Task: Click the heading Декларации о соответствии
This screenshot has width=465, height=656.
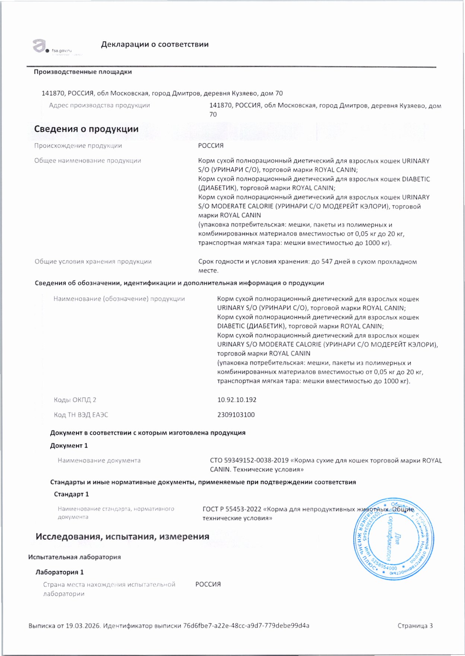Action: pyautogui.click(x=155, y=44)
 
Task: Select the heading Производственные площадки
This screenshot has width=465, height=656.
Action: pyautogui.click(x=83, y=72)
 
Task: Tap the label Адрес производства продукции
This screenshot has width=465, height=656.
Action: pyautogui.click(x=99, y=105)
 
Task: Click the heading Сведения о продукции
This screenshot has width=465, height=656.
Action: pyautogui.click(x=86, y=129)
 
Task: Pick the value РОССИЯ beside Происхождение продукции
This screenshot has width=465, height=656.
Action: pyautogui.click(x=211, y=146)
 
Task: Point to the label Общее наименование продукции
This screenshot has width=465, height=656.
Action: pyautogui.click(x=88, y=161)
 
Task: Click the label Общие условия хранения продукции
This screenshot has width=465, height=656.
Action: pyautogui.click(x=93, y=261)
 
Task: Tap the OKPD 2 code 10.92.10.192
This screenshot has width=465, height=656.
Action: pyautogui.click(x=237, y=400)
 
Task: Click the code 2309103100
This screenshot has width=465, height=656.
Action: pyautogui.click(x=236, y=415)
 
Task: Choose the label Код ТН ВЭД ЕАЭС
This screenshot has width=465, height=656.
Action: pyautogui.click(x=81, y=415)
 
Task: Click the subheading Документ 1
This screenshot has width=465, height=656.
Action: pyautogui.click(x=69, y=446)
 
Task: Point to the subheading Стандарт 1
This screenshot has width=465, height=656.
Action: pyautogui.click(x=72, y=494)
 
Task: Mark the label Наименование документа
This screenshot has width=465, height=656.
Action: pyautogui.click(x=99, y=461)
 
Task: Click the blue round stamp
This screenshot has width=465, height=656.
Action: pyautogui.click(x=393, y=538)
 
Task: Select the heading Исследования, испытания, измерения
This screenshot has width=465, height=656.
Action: pyautogui.click(x=122, y=536)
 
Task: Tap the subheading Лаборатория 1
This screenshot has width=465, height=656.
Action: pyautogui.click(x=60, y=572)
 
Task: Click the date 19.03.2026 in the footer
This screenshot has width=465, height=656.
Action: pyautogui.click(x=83, y=626)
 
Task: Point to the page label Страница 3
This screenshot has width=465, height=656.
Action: pyautogui.click(x=415, y=626)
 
